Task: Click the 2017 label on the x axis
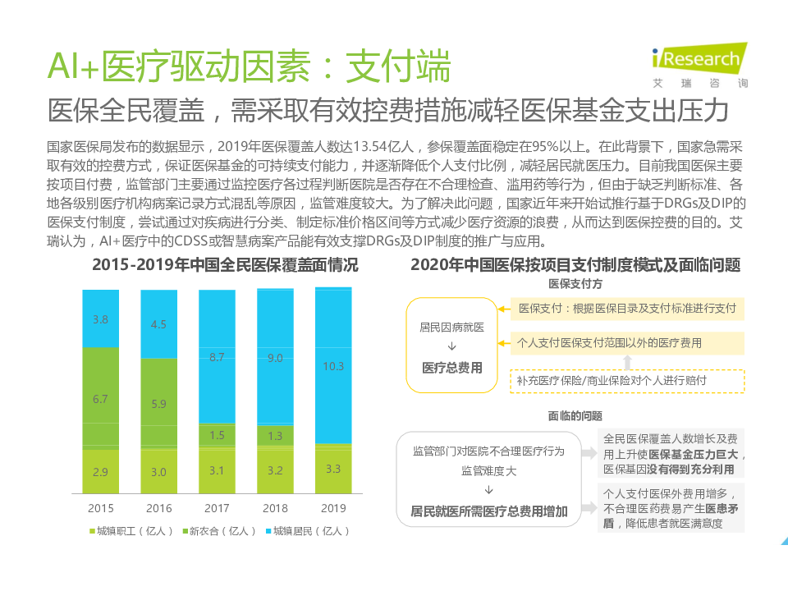coord(217,508)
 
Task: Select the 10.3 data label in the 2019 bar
coord(333,366)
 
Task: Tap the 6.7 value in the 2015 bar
coord(100,399)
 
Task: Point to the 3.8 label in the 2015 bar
coord(100,319)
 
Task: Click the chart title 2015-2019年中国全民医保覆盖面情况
coord(225,265)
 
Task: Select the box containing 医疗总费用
coord(451,346)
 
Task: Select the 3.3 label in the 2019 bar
coord(333,470)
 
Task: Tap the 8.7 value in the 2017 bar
coord(217,357)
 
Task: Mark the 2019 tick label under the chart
coord(333,508)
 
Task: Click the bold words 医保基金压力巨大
coord(694,454)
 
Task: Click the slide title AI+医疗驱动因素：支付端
coord(250,66)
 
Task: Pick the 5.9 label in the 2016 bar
coord(158,404)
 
